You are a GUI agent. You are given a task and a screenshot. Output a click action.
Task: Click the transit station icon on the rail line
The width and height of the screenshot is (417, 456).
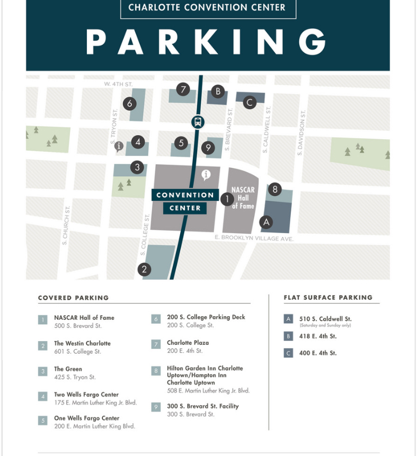tap(198, 122)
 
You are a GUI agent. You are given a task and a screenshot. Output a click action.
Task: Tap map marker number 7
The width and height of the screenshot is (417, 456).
tap(183, 89)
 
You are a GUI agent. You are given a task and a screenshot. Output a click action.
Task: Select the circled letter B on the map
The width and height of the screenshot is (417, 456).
tap(218, 91)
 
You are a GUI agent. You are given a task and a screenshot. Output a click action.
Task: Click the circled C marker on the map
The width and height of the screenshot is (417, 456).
tap(250, 103)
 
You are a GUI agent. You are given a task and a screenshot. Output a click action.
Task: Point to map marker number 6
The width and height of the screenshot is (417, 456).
tap(130, 103)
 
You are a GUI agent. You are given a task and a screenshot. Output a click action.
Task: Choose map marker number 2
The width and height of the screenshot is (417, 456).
tap(144, 270)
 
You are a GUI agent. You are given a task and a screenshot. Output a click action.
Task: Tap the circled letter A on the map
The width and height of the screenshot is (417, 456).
tap(267, 222)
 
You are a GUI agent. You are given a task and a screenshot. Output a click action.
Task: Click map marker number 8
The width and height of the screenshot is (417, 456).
tap(274, 189)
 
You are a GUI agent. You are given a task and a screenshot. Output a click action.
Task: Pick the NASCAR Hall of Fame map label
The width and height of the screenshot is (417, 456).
tap(243, 198)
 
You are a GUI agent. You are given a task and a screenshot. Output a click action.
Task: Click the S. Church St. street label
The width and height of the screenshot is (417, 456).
tap(65, 225)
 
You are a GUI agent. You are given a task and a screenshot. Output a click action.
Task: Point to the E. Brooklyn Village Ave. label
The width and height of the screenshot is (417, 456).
tap(254, 239)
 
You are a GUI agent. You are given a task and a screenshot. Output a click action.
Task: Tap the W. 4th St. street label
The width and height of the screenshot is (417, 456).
tap(118, 84)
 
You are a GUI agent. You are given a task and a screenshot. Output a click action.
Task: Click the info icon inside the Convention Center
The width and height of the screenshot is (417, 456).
tap(206, 174)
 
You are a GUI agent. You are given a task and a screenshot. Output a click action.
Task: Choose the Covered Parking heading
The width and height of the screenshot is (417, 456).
tap(73, 298)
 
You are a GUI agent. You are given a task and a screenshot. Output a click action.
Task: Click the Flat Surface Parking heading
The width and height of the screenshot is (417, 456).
tap(328, 298)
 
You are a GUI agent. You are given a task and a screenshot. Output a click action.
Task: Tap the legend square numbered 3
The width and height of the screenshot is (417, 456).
tap(42, 371)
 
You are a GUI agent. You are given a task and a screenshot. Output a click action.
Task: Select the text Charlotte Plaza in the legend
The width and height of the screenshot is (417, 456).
tap(188, 343)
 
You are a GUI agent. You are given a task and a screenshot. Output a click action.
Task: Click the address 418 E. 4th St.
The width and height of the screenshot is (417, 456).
tap(318, 336)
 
